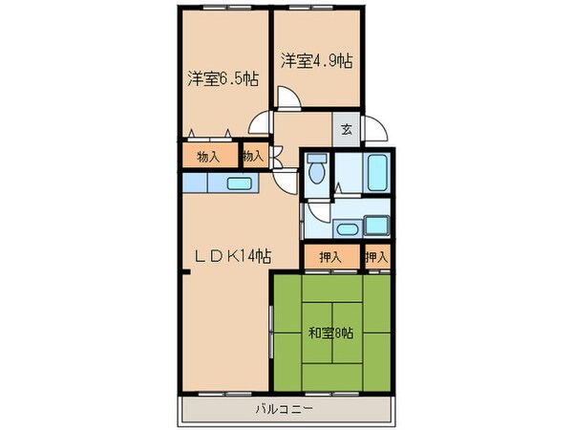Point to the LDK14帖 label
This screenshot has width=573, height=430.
pyautogui.click(x=234, y=256)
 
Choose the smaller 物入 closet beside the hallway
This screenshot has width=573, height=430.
pyautogui.click(x=253, y=156)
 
